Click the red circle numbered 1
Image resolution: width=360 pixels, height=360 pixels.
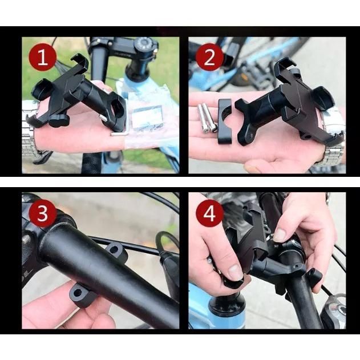[x=42, y=57]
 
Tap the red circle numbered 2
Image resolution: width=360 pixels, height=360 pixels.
[x=209, y=57]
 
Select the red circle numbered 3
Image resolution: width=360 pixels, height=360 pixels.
[x=42, y=213]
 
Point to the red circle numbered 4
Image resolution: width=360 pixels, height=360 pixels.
[x=209, y=213]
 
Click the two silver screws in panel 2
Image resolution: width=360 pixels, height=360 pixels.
[x=207, y=118]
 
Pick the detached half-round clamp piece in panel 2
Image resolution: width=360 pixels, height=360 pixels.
[x=225, y=122]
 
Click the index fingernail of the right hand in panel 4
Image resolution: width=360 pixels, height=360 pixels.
[x=280, y=235]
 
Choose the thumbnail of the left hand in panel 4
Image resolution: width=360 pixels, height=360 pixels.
[x=235, y=272]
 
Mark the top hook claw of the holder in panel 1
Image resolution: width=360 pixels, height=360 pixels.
[x=80, y=61]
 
